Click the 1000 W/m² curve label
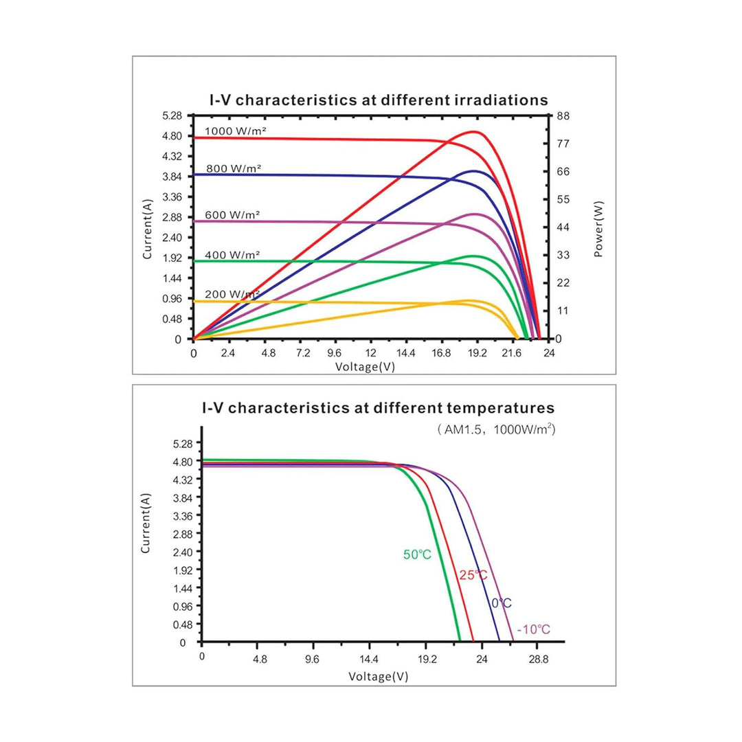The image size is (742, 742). click(x=235, y=131)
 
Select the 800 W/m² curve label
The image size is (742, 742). click(x=234, y=168)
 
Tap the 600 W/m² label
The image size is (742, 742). click(x=232, y=215)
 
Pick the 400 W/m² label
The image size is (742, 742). click(x=232, y=255)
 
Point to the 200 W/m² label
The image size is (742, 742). click(x=232, y=294)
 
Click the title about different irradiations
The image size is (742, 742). click(x=379, y=100)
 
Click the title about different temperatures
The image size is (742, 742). click(x=378, y=408)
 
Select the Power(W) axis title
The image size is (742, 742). click(x=598, y=229)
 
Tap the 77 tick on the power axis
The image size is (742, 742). click(x=563, y=144)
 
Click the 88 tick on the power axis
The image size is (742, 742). click(x=563, y=116)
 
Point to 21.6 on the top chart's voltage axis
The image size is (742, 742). click(x=512, y=353)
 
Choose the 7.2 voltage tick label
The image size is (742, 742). click(x=303, y=353)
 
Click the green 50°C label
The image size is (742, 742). click(x=418, y=554)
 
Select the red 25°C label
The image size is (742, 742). click(x=473, y=575)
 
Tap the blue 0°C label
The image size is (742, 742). click(x=502, y=603)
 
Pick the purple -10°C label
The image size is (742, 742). click(x=534, y=629)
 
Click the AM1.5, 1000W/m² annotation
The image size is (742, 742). click(x=496, y=429)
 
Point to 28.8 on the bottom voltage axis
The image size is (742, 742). click(x=539, y=659)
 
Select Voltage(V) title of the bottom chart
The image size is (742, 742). click(x=378, y=677)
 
